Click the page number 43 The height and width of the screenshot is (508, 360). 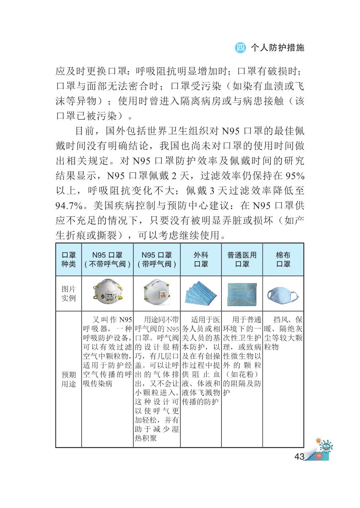tap(299, 456)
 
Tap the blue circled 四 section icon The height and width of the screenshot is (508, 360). tap(241, 48)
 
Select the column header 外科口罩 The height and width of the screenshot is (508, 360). tap(201, 259)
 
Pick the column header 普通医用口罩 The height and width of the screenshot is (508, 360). tap(242, 259)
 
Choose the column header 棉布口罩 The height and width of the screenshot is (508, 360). tap(283, 259)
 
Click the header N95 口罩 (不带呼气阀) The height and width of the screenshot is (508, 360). tap(107, 259)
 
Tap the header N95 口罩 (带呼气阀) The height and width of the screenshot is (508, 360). tap(157, 259)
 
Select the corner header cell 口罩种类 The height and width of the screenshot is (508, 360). tap(68, 259)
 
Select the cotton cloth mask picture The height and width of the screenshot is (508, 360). tap(283, 295)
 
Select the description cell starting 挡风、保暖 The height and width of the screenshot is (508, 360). tap(283, 333)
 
